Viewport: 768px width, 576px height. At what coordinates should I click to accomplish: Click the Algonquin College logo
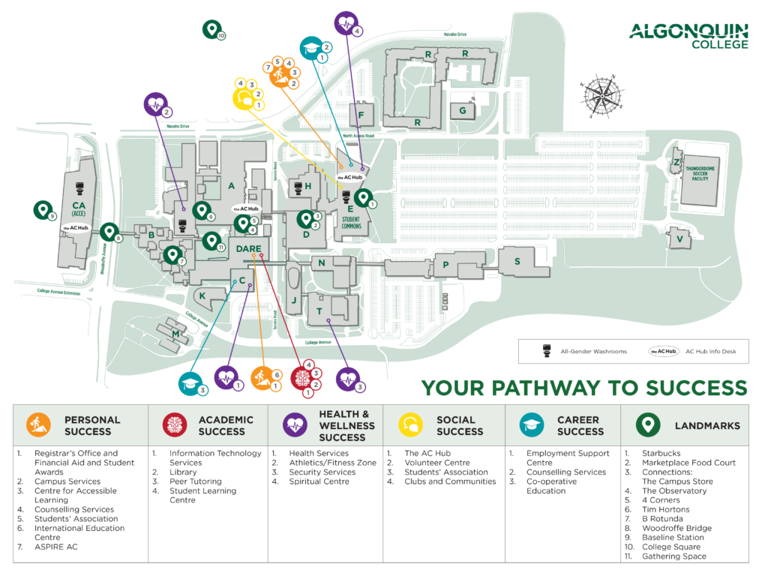tap(688, 35)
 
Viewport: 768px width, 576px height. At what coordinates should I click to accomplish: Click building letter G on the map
tap(463, 111)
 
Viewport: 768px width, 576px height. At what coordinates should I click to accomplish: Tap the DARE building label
tap(248, 248)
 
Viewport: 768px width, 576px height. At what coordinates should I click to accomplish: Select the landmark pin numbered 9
tap(42, 210)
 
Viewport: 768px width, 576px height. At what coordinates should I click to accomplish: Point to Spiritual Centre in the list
tap(319, 481)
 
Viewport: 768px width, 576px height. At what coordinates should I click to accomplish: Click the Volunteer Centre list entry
tap(436, 463)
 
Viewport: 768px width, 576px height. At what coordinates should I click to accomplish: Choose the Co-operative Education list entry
tap(546, 486)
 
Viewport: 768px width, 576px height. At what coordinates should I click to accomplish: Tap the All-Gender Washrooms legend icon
tap(547, 351)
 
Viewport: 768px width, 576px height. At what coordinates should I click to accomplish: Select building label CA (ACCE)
tap(78, 208)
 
